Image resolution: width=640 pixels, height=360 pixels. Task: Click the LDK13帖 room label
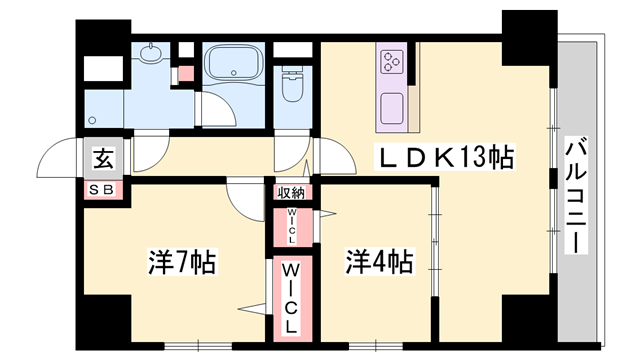[x=445, y=157]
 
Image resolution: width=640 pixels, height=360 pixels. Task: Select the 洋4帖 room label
[x=380, y=262]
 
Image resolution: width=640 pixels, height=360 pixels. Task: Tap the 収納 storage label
[x=291, y=192]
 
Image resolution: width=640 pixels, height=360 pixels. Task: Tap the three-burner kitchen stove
[x=392, y=62]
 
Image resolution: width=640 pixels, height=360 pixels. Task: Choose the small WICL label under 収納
[x=291, y=226]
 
